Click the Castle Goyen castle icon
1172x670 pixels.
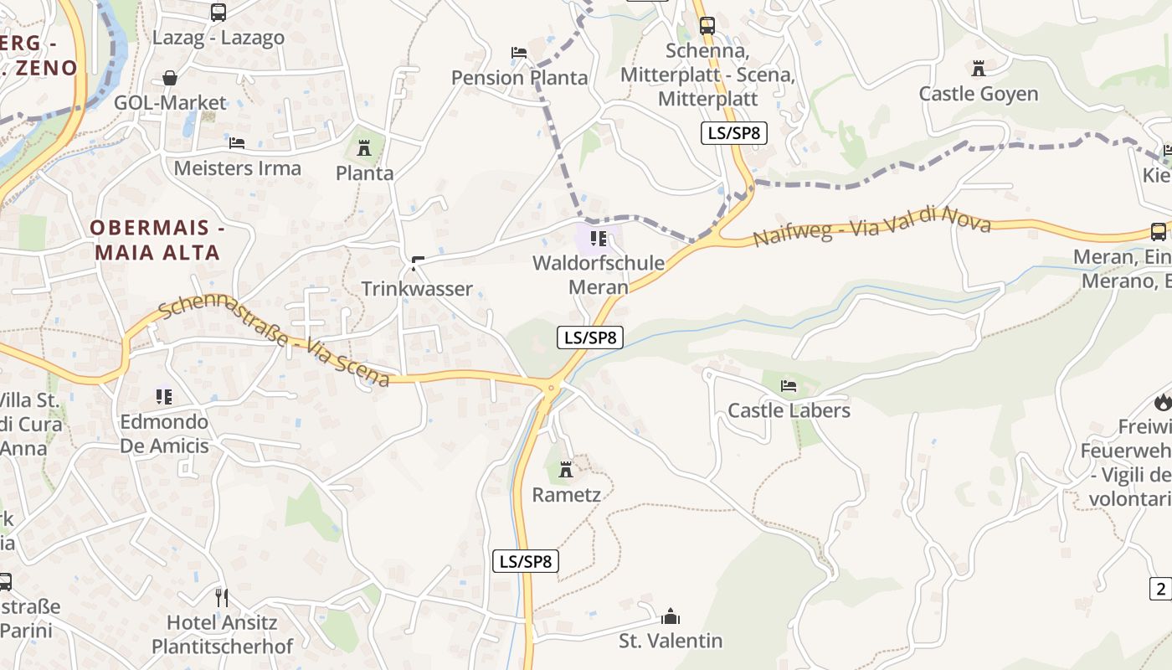pyautogui.click(x=978, y=68)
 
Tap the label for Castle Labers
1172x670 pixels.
pyautogui.click(x=789, y=410)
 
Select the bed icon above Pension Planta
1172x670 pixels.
pyautogui.click(x=519, y=53)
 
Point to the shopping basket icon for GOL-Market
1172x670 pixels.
pyautogui.click(x=170, y=78)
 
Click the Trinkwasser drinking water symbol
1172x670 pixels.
pyautogui.click(x=416, y=264)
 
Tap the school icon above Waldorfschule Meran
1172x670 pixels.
pyautogui.click(x=598, y=238)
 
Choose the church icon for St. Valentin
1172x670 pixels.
pyautogui.click(x=671, y=617)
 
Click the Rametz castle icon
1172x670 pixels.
pyautogui.click(x=566, y=469)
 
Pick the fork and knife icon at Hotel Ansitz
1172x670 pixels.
pyautogui.click(x=222, y=597)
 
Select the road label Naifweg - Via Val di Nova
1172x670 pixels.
pyautogui.click(x=871, y=226)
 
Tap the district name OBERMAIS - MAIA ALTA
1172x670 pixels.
pyautogui.click(x=157, y=240)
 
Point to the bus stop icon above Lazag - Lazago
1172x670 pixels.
pyautogui.click(x=218, y=13)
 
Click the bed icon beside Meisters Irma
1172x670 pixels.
pyautogui.click(x=237, y=143)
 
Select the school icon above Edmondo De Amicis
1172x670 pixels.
pyautogui.click(x=164, y=395)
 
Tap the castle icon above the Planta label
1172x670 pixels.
pyautogui.click(x=364, y=148)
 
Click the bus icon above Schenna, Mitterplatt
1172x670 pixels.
pyautogui.click(x=707, y=25)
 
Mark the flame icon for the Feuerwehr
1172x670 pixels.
pyautogui.click(x=1163, y=402)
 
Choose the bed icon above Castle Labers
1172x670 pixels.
pyautogui.click(x=789, y=386)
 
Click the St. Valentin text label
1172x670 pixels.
pyautogui.click(x=671, y=642)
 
